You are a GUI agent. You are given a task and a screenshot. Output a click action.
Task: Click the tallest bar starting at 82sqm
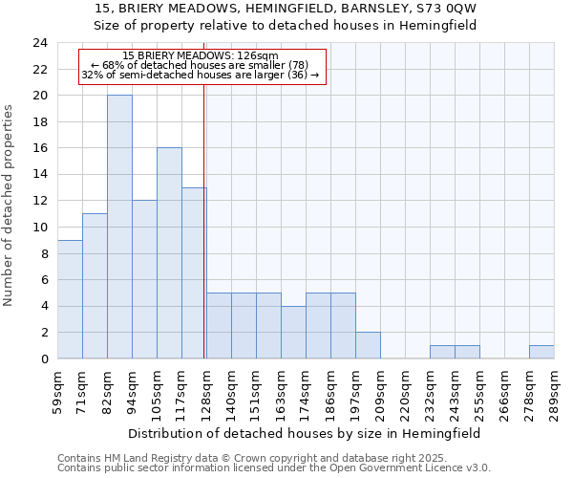click(x=119, y=227)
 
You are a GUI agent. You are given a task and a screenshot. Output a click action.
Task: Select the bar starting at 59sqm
click(x=70, y=299)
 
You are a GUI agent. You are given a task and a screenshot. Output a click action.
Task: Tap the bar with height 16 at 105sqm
click(x=169, y=253)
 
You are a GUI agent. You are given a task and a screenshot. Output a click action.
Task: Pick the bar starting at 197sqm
click(x=368, y=345)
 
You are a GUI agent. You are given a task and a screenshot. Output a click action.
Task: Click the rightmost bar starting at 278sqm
click(x=541, y=352)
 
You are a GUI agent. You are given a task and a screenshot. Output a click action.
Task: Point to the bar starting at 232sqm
click(x=442, y=352)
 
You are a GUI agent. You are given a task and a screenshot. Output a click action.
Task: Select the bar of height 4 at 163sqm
click(x=293, y=332)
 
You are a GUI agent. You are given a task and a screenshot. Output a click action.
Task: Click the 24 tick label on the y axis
click(x=39, y=43)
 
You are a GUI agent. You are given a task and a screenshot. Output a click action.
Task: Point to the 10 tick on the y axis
click(x=39, y=228)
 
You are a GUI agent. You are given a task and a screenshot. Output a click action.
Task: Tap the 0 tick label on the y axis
click(x=43, y=359)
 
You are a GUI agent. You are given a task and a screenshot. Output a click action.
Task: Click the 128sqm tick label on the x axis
click(x=206, y=390)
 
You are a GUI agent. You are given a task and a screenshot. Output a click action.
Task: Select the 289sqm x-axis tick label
click(x=554, y=390)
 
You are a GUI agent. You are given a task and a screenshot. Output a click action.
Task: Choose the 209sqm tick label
click(x=380, y=390)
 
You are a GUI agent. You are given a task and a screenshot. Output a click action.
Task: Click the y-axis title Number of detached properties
click(x=10, y=206)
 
